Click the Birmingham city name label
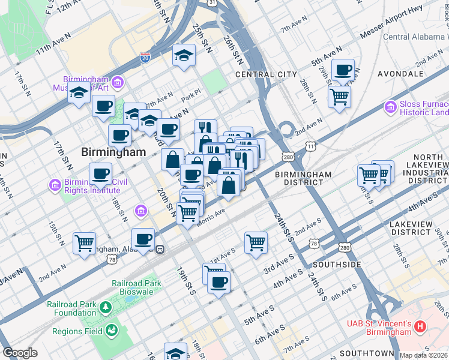114,152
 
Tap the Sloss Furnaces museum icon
391,107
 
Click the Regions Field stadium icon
111,331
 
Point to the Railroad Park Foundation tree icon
106,307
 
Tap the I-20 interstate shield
145,58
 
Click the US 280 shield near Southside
344,247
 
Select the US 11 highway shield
310,146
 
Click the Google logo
20,353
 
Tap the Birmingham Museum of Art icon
117,81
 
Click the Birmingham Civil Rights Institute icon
56,184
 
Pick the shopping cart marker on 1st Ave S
256,242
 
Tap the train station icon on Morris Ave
160,249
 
